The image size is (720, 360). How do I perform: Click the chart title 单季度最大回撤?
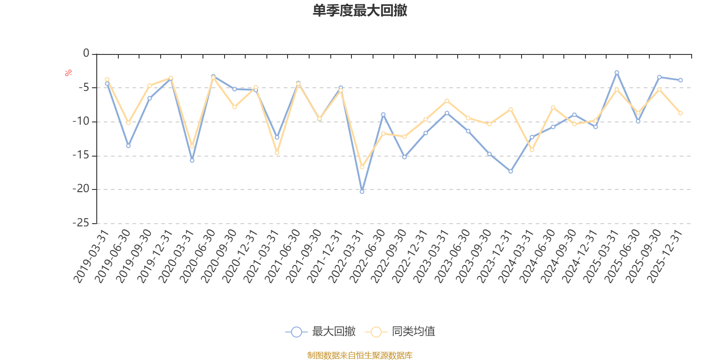tap(360, 10)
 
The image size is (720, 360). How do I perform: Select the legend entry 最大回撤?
tap(320, 332)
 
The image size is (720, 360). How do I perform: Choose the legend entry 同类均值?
tap(400, 332)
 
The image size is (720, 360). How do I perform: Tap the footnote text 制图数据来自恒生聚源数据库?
tap(360, 355)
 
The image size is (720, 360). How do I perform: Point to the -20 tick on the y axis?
tap(81, 189)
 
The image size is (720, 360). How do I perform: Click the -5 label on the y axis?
tap(83, 87)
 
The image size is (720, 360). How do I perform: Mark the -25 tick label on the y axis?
tap(81, 223)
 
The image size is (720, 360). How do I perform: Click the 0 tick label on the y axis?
tap(86, 53)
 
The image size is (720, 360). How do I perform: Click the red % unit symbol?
tap(68, 73)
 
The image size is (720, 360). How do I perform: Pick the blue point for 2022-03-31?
tap(362, 192)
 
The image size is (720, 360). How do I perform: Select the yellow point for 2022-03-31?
tap(362, 167)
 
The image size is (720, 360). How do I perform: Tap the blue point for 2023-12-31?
tap(510, 171)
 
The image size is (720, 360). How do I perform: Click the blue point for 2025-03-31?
tap(616, 72)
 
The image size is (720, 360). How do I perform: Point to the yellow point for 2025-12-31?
tap(680, 113)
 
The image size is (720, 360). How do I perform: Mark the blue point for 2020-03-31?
tap(192, 161)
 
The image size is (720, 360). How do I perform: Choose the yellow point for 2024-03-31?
tap(532, 150)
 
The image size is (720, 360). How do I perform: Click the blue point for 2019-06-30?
tap(128, 146)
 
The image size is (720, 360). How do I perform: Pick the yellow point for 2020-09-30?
tap(234, 107)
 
